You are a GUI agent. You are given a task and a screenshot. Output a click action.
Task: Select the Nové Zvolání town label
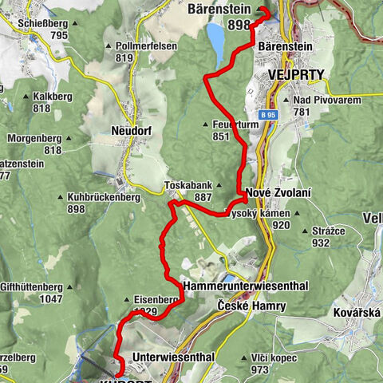pos(278,194)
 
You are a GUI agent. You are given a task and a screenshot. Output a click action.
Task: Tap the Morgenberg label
pos(36,138)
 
